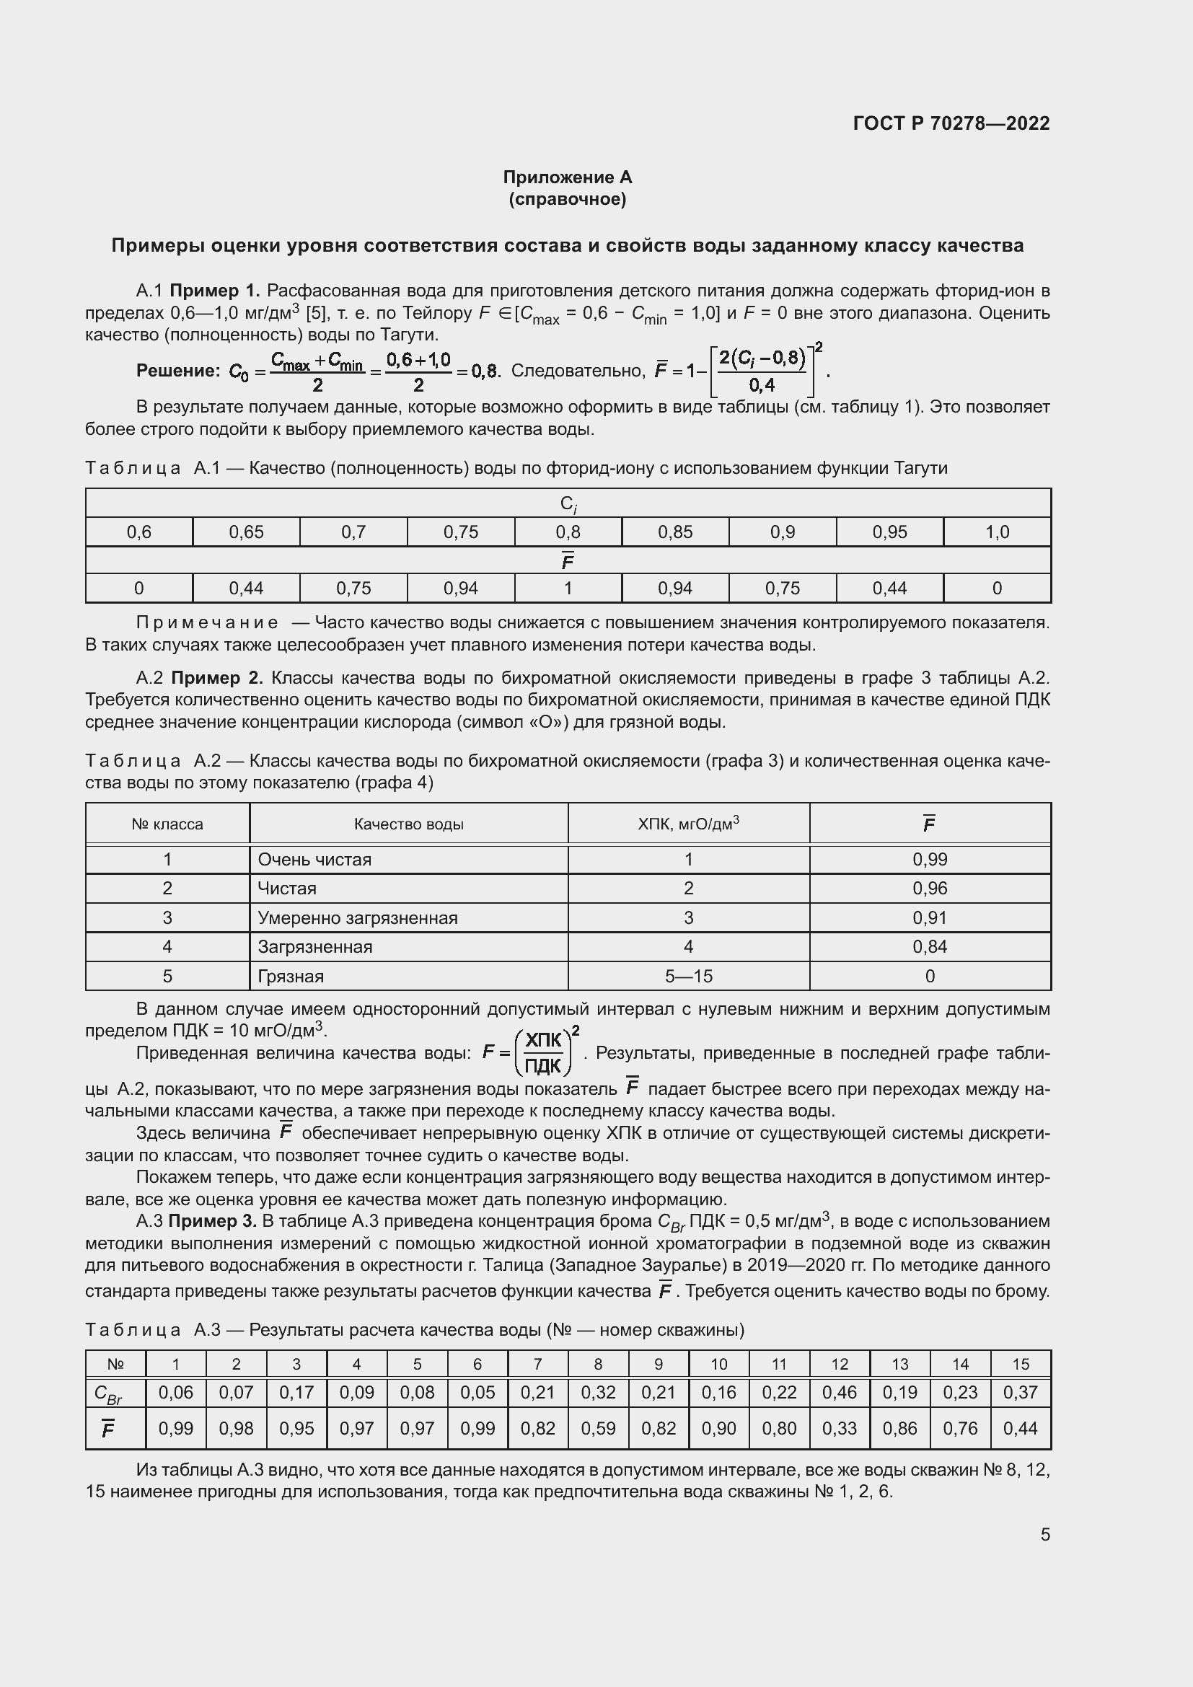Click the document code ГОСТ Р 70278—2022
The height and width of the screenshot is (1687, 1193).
point(951,123)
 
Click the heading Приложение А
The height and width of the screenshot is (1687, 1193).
point(567,177)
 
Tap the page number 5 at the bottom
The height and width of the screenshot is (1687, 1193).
point(1044,1534)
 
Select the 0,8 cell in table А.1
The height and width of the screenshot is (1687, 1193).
point(568,532)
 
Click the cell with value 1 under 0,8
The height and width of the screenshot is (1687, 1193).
point(568,589)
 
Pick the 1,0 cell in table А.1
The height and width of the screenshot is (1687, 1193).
point(996,532)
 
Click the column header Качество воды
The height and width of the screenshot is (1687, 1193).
point(408,824)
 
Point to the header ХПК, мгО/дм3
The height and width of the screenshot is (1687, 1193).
point(688,824)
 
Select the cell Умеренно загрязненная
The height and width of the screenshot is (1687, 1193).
point(357,917)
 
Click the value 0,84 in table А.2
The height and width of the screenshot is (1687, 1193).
point(929,947)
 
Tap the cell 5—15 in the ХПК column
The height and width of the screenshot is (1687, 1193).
point(688,977)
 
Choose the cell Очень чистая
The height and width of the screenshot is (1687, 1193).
point(314,860)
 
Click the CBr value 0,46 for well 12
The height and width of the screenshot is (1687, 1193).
point(839,1392)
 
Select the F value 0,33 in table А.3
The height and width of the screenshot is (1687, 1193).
point(839,1428)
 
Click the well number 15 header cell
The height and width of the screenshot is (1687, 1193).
point(1021,1365)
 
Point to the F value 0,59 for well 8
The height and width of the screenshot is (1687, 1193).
point(597,1428)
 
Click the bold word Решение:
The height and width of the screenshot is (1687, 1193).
point(177,371)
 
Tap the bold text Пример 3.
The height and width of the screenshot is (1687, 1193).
point(212,1221)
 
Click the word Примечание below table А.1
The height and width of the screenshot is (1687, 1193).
point(207,623)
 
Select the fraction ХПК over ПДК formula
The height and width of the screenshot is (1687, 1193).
point(544,1053)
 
